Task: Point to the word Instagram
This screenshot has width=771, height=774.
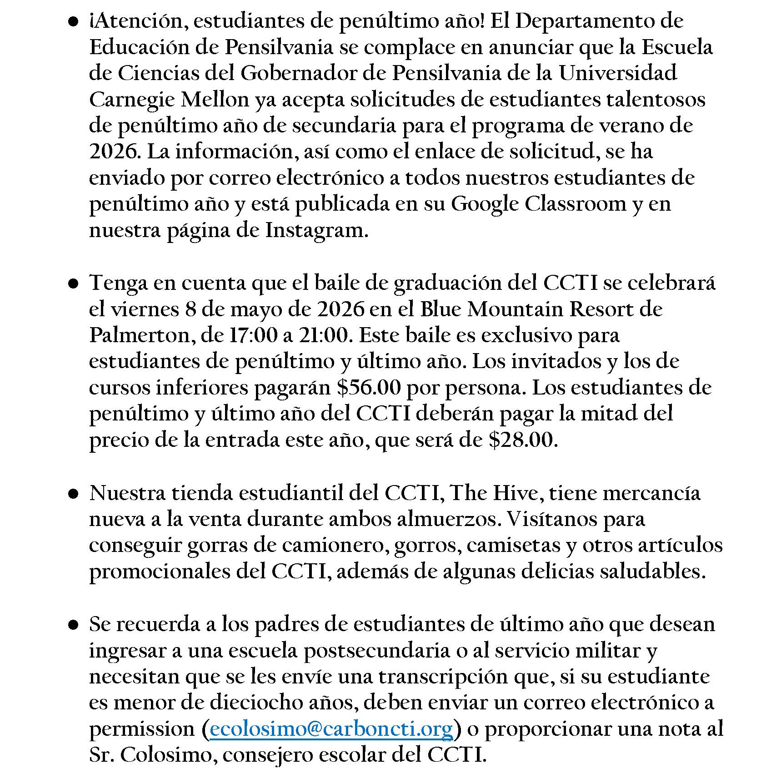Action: [316, 231]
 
